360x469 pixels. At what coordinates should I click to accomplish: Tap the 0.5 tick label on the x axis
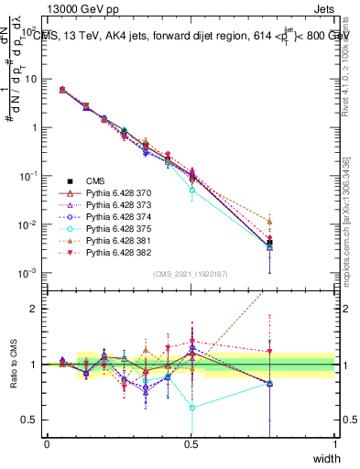pyautogui.click(x=191, y=444)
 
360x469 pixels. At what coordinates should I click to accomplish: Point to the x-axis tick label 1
pyautogui.click(x=335, y=444)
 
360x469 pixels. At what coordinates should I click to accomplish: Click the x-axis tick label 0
pyautogui.click(x=47, y=444)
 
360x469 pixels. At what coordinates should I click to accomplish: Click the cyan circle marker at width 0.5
pyautogui.click(x=191, y=191)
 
